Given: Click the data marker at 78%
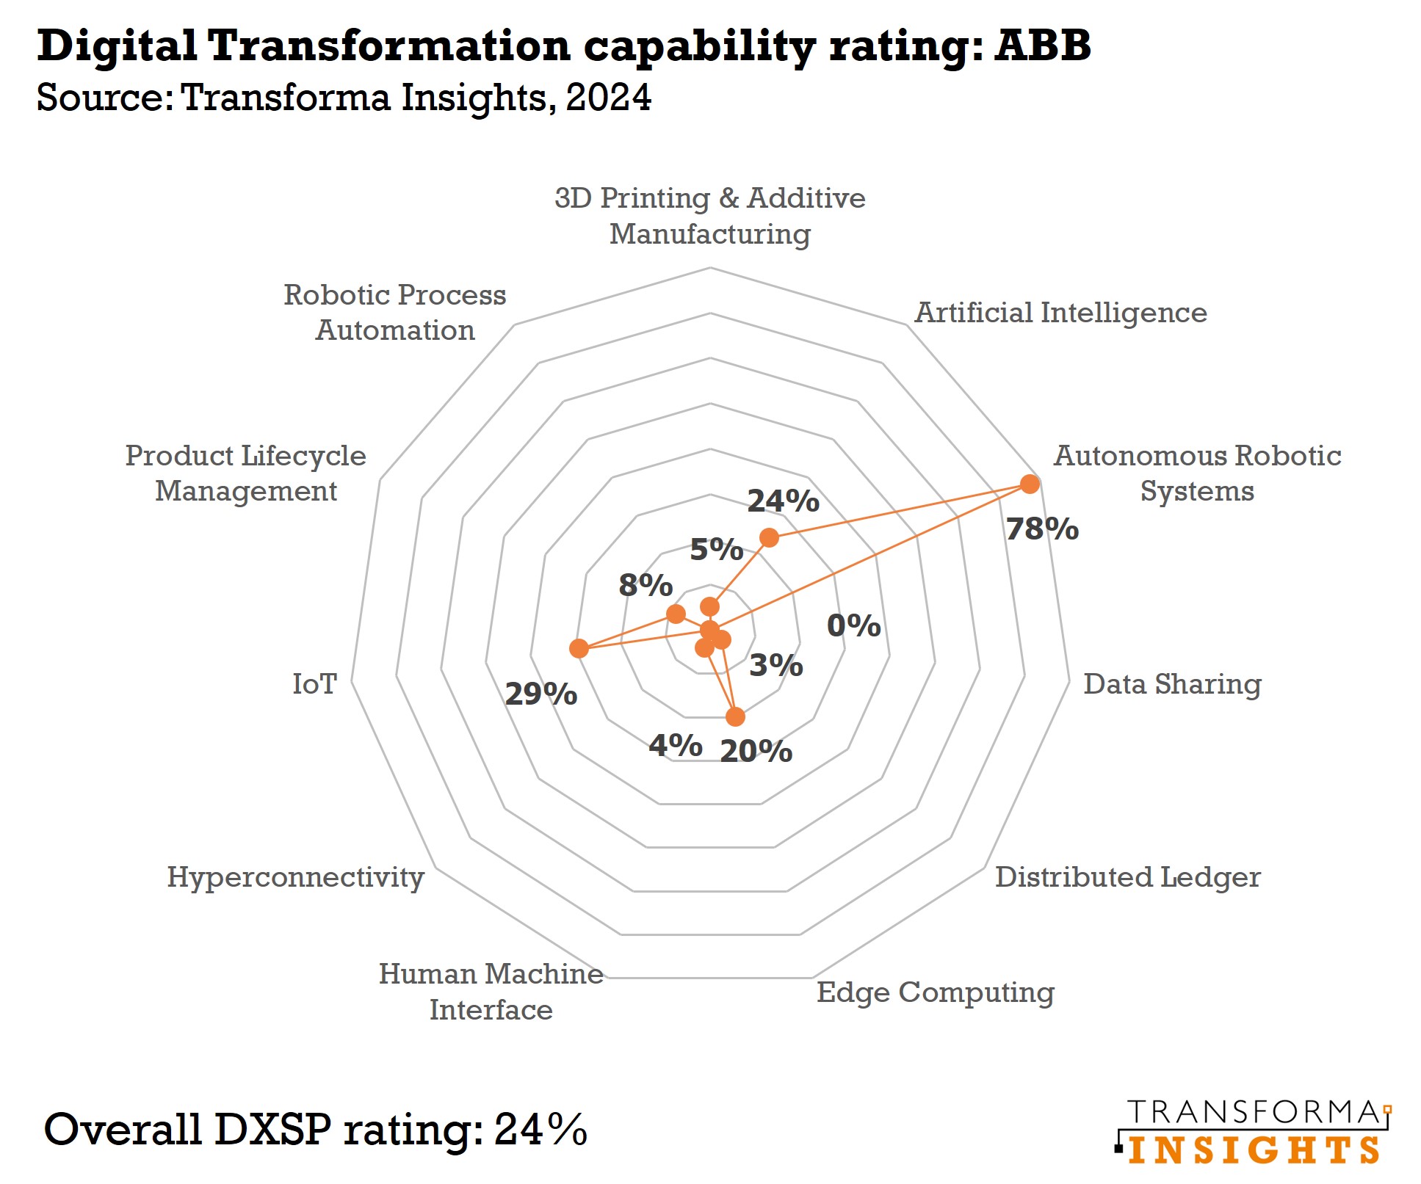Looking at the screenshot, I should coord(1030,484).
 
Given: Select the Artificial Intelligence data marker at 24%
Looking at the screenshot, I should coord(769,538).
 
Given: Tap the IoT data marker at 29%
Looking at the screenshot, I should coord(579,649).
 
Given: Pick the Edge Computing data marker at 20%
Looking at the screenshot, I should coord(734,717).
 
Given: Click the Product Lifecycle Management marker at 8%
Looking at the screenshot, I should coord(676,614).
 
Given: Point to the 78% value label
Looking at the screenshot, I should coord(1041,529).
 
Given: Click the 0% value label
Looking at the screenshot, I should coord(853,626).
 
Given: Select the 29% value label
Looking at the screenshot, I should coord(540,694).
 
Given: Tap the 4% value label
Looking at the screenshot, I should coord(675,746).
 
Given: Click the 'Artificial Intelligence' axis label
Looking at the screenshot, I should coord(1060,313).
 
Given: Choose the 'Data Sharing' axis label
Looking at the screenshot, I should coord(1172,684).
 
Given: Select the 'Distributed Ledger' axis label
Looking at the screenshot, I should coord(1127,877).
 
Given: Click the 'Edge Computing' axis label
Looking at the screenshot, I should coord(935,992).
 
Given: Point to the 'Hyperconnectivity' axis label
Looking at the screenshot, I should coord(295,877).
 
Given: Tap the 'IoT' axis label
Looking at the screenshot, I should coord(314,684).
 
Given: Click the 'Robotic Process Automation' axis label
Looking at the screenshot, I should coord(395,313).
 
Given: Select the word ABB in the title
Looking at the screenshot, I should coord(1042,46).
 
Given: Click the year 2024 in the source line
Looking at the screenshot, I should coord(608,98).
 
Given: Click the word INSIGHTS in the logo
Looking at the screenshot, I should coord(1253,1150).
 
